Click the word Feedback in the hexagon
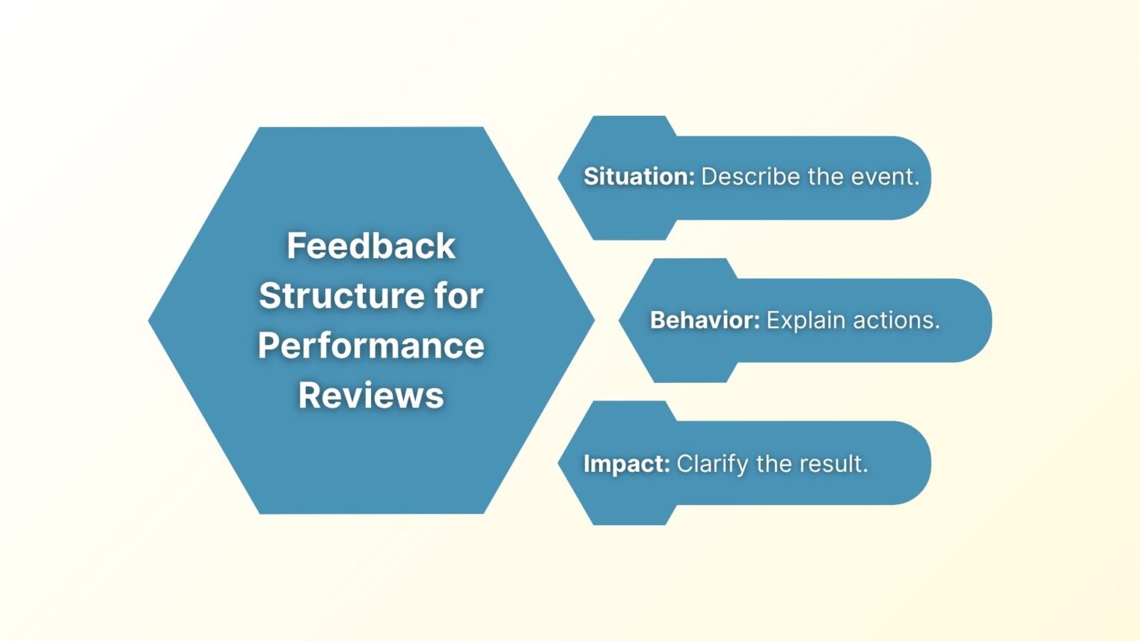(x=371, y=246)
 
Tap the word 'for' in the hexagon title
(x=459, y=296)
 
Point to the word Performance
(x=371, y=346)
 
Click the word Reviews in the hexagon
(x=371, y=395)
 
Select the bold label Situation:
(x=638, y=177)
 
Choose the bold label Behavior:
(x=704, y=320)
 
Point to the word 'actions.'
(x=897, y=320)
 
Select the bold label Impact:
(x=626, y=464)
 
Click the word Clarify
(x=712, y=464)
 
